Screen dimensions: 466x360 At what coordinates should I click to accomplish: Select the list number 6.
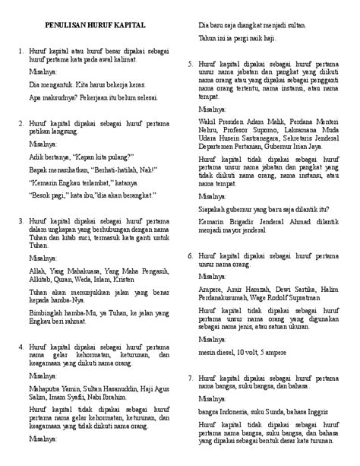pyautogui.click(x=191, y=255)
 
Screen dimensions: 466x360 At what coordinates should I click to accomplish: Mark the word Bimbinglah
pyautogui.click(x=50, y=312)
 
